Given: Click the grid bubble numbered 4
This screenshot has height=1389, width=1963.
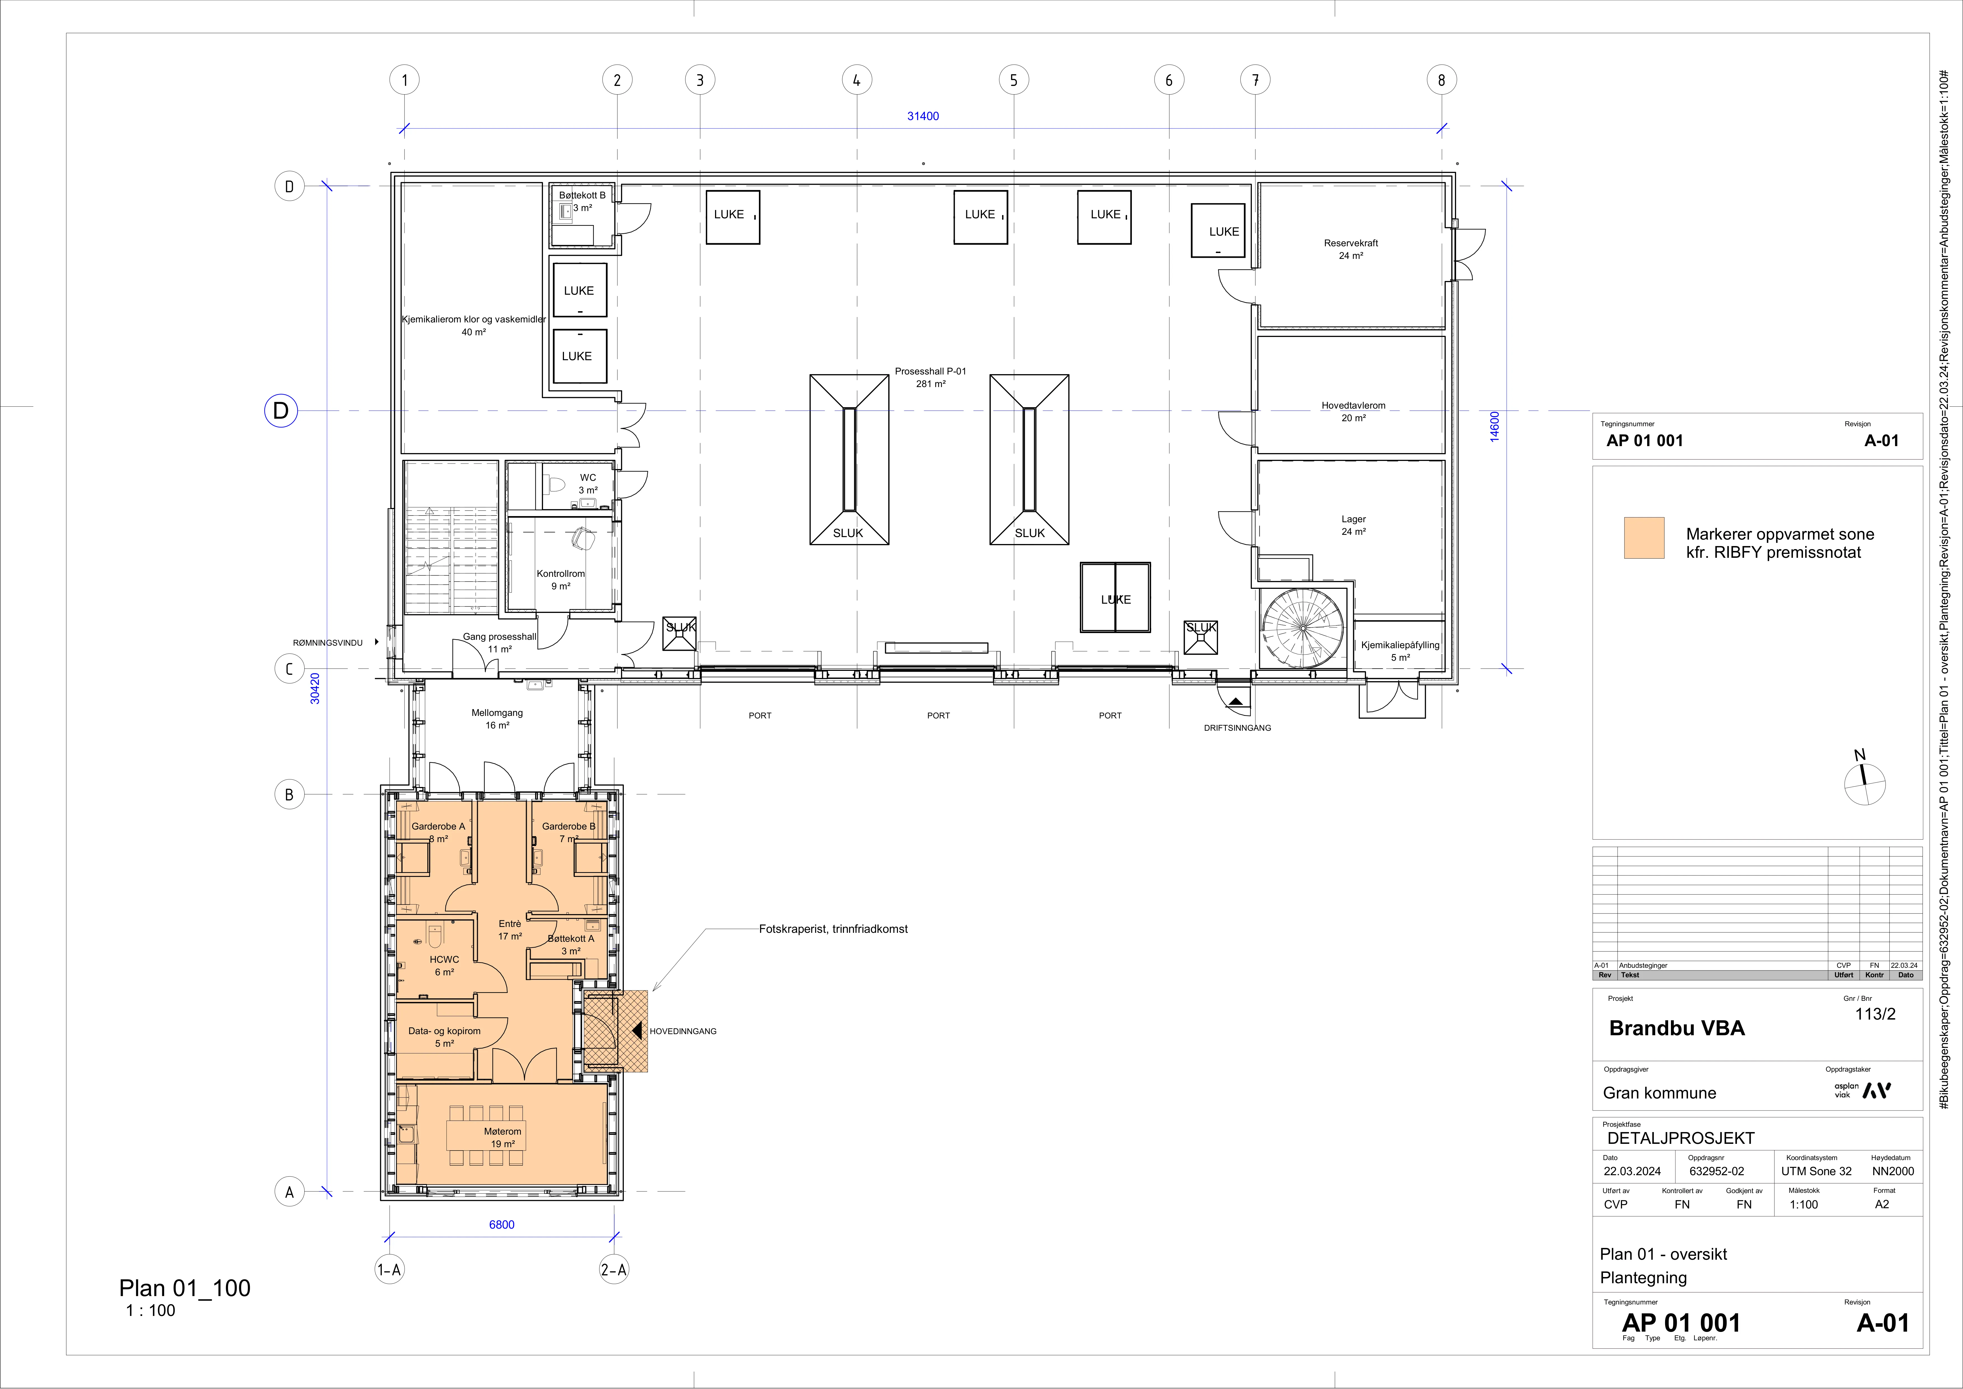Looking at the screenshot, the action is [857, 80].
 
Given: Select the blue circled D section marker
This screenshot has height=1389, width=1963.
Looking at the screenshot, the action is [280, 411].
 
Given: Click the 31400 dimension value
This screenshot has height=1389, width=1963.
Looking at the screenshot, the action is [923, 116].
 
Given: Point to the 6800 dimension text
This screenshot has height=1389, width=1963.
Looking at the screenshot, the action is [502, 1225].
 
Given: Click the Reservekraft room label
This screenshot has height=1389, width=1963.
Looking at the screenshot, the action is [1351, 243].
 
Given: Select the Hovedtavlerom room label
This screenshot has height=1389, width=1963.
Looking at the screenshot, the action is [1353, 406].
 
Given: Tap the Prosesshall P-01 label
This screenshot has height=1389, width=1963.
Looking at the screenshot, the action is [930, 371].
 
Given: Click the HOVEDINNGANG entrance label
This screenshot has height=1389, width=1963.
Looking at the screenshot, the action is [683, 1032].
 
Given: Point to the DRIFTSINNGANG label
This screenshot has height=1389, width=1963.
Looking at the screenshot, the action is [1237, 728].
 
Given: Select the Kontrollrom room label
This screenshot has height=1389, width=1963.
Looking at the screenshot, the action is [561, 574].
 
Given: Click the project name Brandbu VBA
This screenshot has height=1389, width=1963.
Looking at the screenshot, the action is [1677, 1028].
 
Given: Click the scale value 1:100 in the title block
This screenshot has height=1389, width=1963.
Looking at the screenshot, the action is [1804, 1204].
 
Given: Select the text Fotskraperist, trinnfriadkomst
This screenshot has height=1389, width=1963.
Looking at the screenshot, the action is [834, 929].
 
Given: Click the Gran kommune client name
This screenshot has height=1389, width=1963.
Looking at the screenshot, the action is [1659, 1093].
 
